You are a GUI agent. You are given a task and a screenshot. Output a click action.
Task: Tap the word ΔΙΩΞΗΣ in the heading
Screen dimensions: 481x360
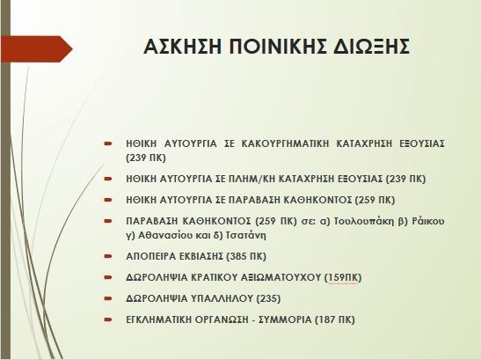click(x=371, y=47)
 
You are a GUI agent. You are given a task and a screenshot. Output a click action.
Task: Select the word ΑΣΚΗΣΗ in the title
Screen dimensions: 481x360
click(x=182, y=47)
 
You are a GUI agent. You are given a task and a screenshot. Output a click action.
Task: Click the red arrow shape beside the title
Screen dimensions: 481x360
click(x=37, y=48)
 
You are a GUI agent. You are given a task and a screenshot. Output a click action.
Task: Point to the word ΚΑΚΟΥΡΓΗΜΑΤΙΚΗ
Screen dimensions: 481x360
click(x=285, y=143)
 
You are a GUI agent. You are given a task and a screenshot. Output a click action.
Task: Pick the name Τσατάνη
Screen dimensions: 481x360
click(x=245, y=236)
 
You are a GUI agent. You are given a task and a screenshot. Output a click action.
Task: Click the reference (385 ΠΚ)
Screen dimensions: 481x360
click(x=246, y=256)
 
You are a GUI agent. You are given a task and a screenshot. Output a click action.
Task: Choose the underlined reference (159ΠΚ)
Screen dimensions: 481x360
click(x=343, y=277)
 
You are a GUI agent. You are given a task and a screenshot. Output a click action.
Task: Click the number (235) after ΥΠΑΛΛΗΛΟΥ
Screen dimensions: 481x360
click(x=268, y=298)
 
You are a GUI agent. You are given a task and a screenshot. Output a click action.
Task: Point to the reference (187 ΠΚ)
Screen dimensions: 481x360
click(x=335, y=320)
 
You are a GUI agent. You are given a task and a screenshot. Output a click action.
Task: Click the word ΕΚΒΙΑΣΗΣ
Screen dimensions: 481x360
click(x=200, y=256)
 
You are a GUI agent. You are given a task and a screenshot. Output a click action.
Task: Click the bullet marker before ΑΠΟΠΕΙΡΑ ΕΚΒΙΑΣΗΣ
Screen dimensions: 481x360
click(x=108, y=256)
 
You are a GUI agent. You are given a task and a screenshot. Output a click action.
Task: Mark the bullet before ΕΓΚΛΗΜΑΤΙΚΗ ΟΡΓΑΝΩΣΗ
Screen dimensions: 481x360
click(x=108, y=320)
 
